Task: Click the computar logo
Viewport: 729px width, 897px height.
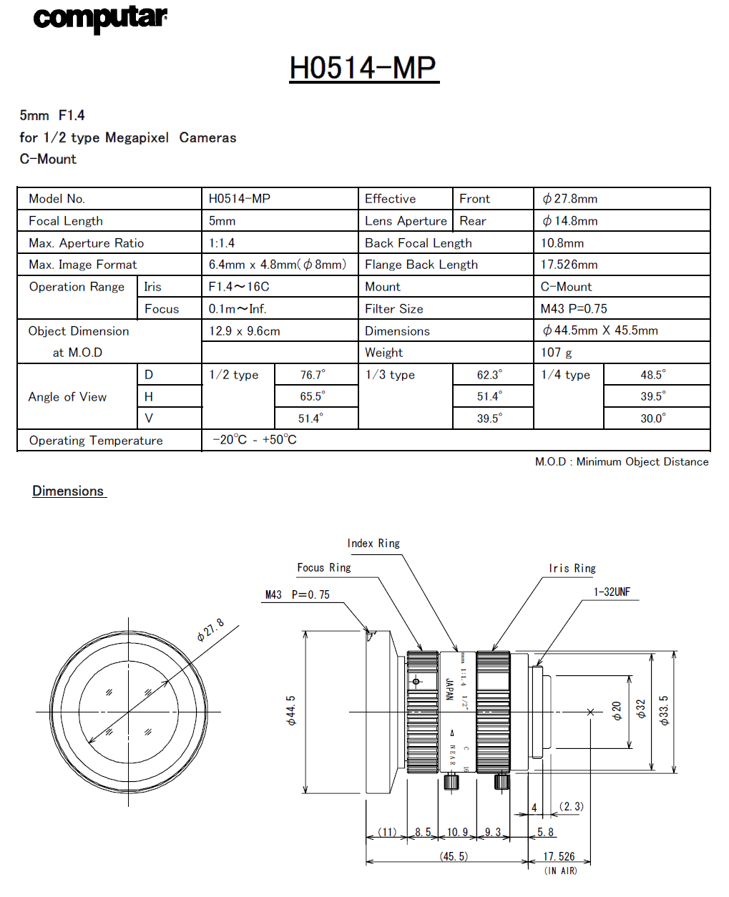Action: click(x=100, y=18)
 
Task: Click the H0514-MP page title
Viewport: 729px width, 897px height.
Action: click(x=363, y=68)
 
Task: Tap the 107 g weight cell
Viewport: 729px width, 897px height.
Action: click(x=557, y=353)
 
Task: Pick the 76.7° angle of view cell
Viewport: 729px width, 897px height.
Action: click(x=313, y=375)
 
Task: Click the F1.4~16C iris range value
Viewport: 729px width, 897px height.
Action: click(x=239, y=287)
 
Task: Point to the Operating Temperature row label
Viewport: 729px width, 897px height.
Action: click(x=96, y=441)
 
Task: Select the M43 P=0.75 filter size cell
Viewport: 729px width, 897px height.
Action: click(x=574, y=309)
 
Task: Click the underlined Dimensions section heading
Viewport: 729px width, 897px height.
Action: click(x=69, y=491)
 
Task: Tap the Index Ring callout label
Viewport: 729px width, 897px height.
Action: click(x=373, y=544)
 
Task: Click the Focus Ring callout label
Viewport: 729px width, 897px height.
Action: click(x=324, y=568)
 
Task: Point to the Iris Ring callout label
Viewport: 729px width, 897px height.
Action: click(x=572, y=569)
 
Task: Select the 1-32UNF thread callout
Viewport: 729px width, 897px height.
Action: click(x=612, y=592)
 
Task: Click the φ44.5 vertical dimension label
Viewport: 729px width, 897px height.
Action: click(x=291, y=711)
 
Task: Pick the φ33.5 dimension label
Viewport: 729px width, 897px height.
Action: click(x=665, y=711)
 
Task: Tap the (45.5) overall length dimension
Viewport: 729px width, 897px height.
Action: click(x=454, y=856)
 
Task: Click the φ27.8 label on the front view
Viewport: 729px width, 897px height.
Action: click(x=210, y=629)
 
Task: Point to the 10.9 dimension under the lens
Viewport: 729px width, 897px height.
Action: click(x=457, y=832)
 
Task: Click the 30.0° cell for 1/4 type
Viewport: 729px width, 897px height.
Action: click(x=653, y=418)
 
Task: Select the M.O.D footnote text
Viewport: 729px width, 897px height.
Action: click(x=622, y=462)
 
